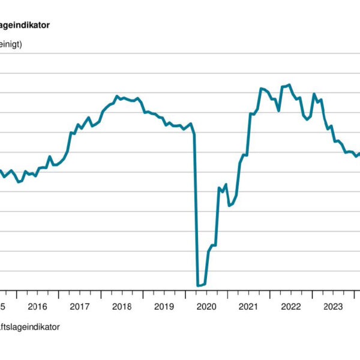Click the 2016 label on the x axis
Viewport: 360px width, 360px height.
[x=37, y=307]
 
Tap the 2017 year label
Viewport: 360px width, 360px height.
[x=80, y=307]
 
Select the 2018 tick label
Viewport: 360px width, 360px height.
[x=122, y=307]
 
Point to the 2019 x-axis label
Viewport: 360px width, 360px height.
[x=164, y=307]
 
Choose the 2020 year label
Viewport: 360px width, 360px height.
[x=206, y=307]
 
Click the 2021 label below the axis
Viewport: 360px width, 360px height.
[x=248, y=307]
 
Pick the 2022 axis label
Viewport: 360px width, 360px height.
[x=291, y=307]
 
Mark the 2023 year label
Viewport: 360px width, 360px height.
[x=333, y=307]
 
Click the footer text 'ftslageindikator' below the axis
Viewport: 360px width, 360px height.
[x=30, y=327]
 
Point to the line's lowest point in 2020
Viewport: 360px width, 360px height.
[x=199, y=286]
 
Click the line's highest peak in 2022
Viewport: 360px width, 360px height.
[x=290, y=85]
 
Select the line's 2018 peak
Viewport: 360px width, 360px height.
[x=117, y=96]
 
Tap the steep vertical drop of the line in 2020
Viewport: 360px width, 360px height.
[x=196, y=210]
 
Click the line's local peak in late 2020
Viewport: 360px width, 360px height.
[x=226, y=184]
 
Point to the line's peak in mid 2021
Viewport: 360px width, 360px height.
[x=261, y=88]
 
